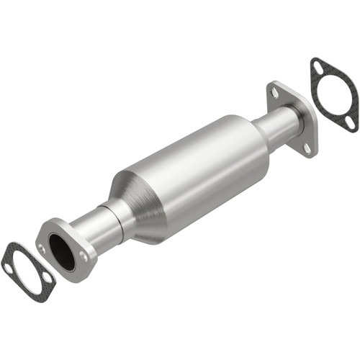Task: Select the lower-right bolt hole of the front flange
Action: (x=86, y=257)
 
